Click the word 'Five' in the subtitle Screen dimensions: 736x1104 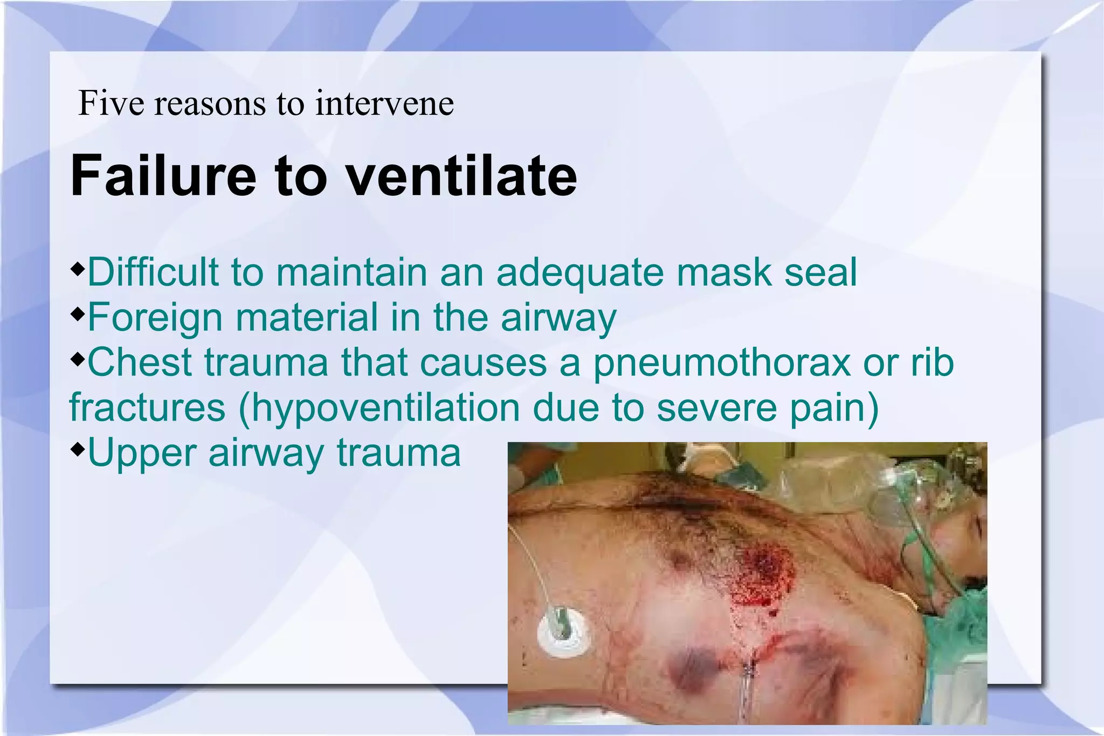(x=111, y=103)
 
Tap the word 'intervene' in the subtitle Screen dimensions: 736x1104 (x=384, y=103)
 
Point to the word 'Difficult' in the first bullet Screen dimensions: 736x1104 (x=153, y=272)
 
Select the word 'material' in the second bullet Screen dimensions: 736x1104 (x=306, y=318)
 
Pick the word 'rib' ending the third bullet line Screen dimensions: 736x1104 (x=933, y=363)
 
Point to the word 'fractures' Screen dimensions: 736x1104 (x=147, y=408)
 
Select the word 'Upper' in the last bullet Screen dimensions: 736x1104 (x=141, y=453)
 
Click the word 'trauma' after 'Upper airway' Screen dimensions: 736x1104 (x=399, y=453)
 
